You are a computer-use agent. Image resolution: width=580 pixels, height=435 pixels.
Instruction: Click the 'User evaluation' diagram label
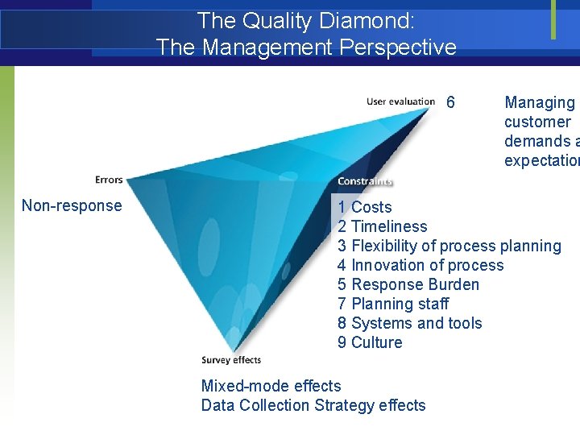[x=400, y=101]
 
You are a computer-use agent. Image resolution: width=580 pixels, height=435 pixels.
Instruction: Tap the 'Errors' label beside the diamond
[x=109, y=179]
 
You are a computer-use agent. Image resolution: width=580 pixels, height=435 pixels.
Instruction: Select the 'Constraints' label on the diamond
[x=365, y=181]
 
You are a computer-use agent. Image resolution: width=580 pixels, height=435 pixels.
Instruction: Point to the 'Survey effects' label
[x=231, y=360]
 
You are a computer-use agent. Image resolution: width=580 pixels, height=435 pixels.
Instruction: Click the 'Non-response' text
[x=72, y=205]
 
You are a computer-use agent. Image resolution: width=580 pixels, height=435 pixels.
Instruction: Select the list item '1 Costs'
[x=365, y=207]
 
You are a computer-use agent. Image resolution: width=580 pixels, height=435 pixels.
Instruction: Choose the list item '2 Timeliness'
[x=383, y=226]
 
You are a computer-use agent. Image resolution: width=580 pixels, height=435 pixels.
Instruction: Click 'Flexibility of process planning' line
[x=449, y=246]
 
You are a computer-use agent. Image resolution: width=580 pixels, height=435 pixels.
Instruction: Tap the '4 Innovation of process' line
[x=420, y=265]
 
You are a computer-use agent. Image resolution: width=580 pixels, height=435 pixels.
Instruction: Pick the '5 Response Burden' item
[x=408, y=284]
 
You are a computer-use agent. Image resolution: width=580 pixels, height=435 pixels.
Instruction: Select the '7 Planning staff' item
[x=393, y=304]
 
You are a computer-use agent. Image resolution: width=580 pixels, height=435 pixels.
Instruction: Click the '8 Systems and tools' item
[x=409, y=323]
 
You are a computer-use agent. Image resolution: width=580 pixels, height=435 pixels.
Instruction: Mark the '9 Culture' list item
[x=370, y=342]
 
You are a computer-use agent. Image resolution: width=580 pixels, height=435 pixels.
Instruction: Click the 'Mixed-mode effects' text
[x=271, y=386]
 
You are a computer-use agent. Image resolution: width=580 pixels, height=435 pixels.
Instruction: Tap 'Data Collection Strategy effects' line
[x=313, y=405]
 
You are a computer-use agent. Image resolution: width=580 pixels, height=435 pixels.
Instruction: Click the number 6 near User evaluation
[x=450, y=102]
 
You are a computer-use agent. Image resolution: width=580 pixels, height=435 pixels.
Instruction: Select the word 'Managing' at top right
[x=539, y=102]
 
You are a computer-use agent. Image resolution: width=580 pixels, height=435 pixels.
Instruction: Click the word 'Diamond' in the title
[x=340, y=20]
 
